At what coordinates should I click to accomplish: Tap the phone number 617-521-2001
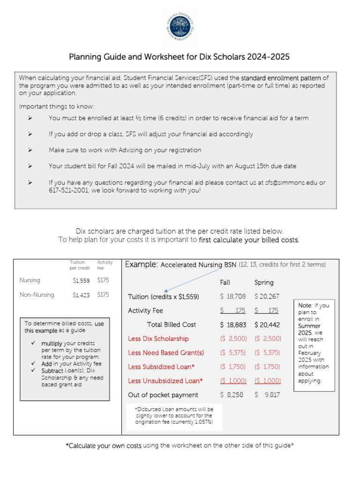click(x=68, y=191)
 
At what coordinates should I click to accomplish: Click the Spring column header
click(x=264, y=283)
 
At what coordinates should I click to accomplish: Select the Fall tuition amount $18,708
click(x=233, y=297)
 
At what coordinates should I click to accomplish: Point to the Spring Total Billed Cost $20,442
click(x=267, y=325)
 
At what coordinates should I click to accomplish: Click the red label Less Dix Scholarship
click(x=158, y=339)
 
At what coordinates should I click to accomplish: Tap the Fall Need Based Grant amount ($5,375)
click(x=233, y=353)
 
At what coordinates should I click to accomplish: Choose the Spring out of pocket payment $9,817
click(x=267, y=395)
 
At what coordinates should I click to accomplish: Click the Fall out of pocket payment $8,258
click(x=232, y=395)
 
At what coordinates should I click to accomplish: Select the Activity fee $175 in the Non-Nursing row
click(x=103, y=295)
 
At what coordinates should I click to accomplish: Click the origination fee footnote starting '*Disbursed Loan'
click(x=174, y=416)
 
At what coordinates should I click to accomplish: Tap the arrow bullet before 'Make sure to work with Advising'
click(x=30, y=150)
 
